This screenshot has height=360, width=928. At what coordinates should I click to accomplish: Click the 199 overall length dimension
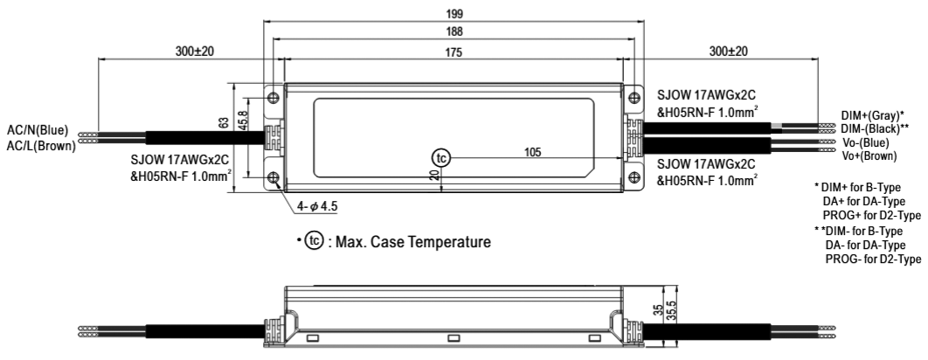(x=453, y=14)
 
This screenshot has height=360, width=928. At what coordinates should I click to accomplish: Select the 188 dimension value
(x=453, y=31)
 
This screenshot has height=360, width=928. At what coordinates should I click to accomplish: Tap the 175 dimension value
(x=453, y=52)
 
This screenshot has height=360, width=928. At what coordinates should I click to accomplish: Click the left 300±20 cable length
(x=194, y=52)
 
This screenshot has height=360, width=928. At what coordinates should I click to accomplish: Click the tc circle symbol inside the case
(x=441, y=158)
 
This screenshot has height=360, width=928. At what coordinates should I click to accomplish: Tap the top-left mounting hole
(x=273, y=95)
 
